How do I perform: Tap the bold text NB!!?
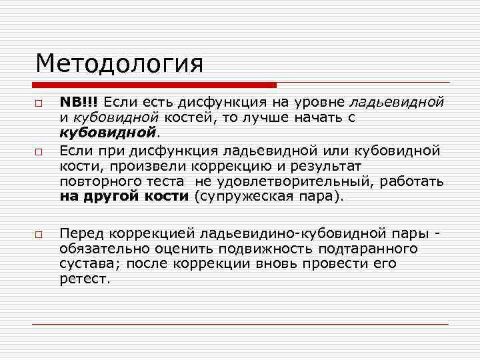pos(78,103)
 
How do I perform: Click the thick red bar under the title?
pos(153,85)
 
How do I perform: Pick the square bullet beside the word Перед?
pos(39,235)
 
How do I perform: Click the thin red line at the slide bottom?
pos(240,324)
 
